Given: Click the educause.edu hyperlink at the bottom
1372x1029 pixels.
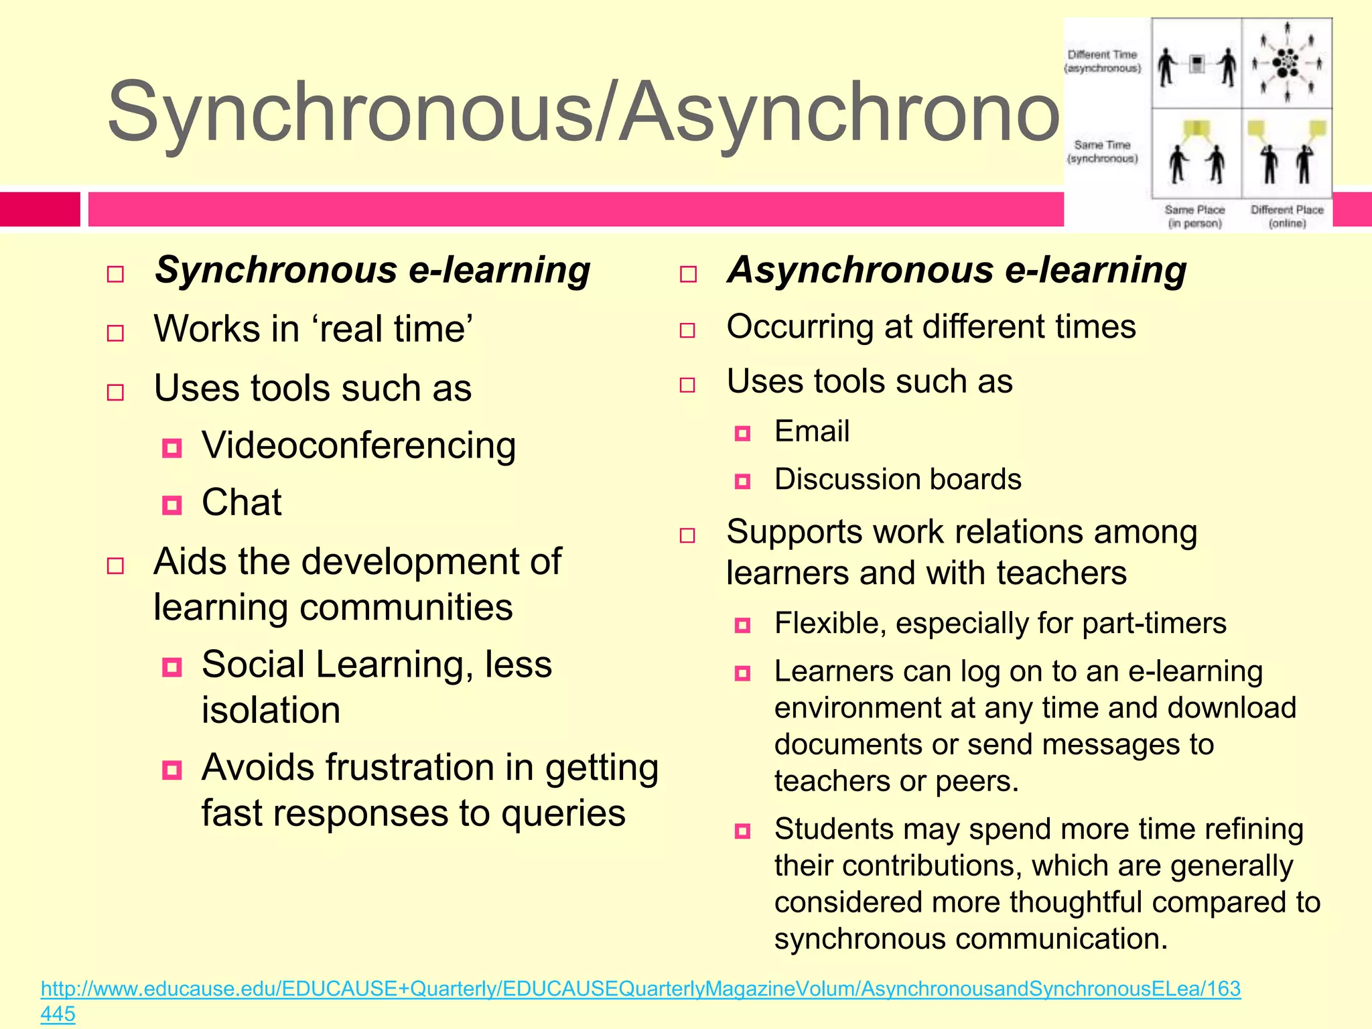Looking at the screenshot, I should pyautogui.click(x=640, y=989).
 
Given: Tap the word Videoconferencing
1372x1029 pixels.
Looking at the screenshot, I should pyautogui.click(x=358, y=445).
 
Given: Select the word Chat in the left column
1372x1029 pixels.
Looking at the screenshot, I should pyautogui.click(x=242, y=502).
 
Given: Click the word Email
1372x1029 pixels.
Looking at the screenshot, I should pyautogui.click(x=812, y=431).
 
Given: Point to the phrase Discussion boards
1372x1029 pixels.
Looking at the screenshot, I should pyautogui.click(x=898, y=480).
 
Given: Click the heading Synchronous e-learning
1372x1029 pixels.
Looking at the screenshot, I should pyautogui.click(x=372, y=271).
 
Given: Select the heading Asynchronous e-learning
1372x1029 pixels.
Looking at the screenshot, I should pyautogui.click(x=957, y=271).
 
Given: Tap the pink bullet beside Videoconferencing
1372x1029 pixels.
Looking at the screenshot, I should pyautogui.click(x=172, y=448).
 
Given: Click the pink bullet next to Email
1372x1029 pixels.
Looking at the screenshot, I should pyautogui.click(x=742, y=433).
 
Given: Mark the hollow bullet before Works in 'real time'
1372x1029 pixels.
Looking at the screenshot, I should pyautogui.click(x=115, y=333).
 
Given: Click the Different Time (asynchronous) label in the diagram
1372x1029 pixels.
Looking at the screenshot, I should pyautogui.click(x=1103, y=62).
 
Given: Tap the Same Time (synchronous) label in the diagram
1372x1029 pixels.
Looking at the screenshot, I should pyautogui.click(x=1103, y=151).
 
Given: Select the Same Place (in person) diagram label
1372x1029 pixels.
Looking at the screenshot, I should pyautogui.click(x=1194, y=216).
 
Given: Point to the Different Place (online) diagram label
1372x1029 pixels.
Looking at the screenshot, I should pyautogui.click(x=1287, y=216).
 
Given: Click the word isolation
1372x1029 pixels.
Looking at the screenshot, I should pyautogui.click(x=271, y=710).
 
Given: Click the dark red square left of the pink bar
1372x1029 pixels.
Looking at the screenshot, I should pyautogui.click(x=40, y=209).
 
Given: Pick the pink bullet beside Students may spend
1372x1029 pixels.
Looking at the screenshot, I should pyautogui.click(x=742, y=831).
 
